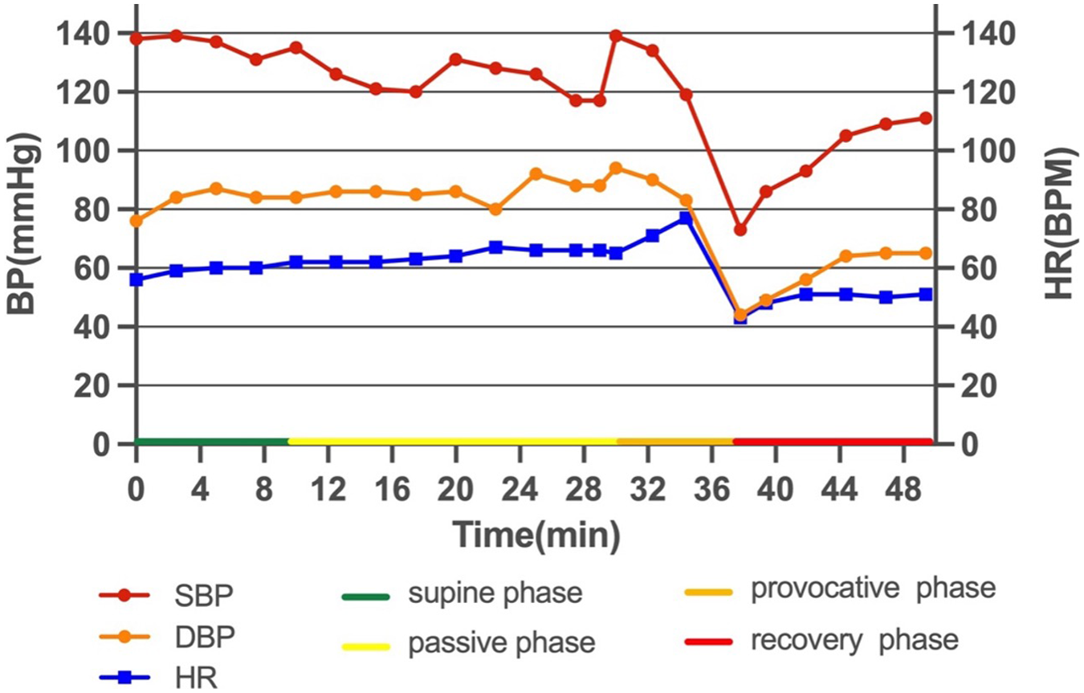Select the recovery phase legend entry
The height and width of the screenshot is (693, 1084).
pos(819,641)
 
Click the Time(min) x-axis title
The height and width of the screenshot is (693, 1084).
pos(536,533)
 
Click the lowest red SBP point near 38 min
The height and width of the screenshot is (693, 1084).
pos(740,230)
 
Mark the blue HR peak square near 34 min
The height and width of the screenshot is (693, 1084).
pos(686,218)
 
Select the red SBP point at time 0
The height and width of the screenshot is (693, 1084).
pos(137,39)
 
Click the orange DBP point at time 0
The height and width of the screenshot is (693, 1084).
pos(137,220)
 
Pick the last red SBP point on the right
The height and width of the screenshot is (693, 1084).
pos(926,118)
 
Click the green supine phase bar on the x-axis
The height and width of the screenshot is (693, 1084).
pos(212,441)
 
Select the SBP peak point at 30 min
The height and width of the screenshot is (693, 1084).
pos(617,36)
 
